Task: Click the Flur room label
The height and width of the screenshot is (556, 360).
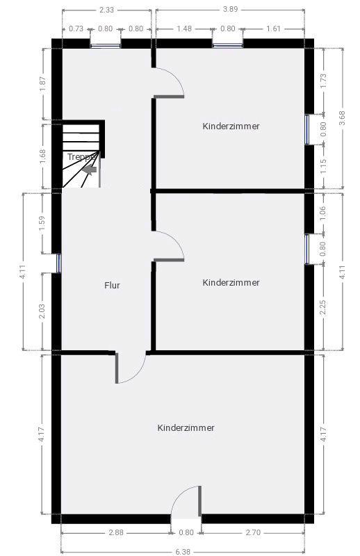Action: [112, 285]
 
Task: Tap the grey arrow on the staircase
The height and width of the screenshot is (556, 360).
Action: [90, 170]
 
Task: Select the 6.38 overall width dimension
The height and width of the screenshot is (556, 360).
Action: [183, 552]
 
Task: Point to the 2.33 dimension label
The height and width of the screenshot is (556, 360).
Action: [106, 10]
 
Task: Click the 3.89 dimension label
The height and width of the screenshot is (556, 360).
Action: [230, 9]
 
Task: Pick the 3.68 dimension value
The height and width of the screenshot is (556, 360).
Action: [342, 118]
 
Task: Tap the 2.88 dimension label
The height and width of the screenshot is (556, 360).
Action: [116, 532]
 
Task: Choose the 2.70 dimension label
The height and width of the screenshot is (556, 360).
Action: [253, 532]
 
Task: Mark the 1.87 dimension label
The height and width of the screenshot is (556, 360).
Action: [42, 84]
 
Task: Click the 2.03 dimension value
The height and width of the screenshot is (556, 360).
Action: [42, 311]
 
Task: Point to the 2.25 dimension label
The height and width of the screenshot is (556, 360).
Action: [322, 307]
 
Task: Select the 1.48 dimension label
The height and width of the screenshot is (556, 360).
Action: [184, 28]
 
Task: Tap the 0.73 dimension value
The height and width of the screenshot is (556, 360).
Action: [76, 28]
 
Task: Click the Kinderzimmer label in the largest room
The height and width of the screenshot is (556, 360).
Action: [186, 427]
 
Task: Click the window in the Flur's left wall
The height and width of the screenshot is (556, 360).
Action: [59, 263]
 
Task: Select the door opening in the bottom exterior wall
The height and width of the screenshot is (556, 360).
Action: [186, 518]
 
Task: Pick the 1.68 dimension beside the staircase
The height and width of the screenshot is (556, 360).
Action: [42, 156]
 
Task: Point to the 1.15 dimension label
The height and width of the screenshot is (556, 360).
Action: [322, 166]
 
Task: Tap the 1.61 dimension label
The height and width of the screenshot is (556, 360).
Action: [273, 28]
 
